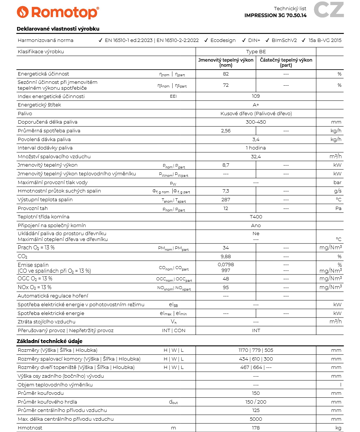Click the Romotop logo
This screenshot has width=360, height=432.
tap(58, 12)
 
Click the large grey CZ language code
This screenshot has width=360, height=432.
tap(329, 10)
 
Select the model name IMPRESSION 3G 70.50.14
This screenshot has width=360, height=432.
tap(275, 16)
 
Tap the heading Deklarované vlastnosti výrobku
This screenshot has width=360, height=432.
tap(58, 29)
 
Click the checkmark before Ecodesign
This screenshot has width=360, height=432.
tap(206, 40)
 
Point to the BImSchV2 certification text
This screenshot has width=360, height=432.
tap(284, 40)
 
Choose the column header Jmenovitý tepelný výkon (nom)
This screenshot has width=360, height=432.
tap(226, 63)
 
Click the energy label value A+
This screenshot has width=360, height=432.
tap(256, 105)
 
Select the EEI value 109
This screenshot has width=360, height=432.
tap(256, 96)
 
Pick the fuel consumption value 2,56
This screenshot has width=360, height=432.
tap(226, 131)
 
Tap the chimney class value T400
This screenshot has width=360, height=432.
tap(256, 217)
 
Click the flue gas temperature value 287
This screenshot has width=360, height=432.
tap(226, 200)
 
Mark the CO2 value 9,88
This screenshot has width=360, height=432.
tap(226, 257)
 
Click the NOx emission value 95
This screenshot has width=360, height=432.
tap(226, 287)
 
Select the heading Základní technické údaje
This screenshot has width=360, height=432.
tap(50, 341)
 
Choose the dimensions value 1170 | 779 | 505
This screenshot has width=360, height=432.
tap(256, 350)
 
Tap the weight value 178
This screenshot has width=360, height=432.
tap(256, 428)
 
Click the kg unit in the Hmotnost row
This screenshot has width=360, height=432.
tap(338, 428)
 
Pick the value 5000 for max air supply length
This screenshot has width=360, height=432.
tap(256, 419)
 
